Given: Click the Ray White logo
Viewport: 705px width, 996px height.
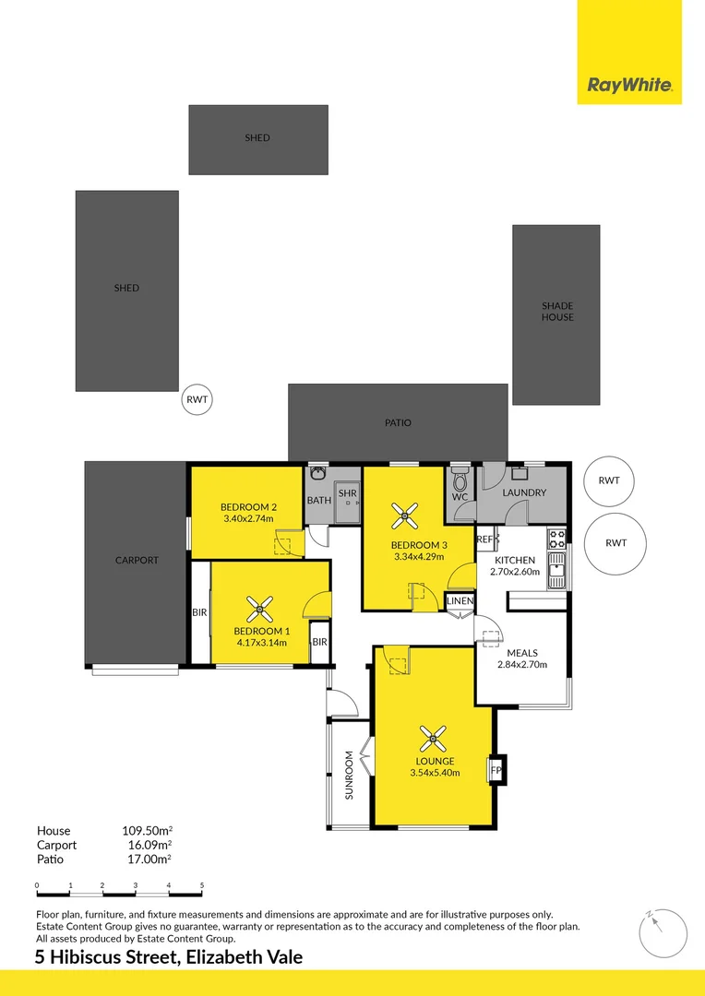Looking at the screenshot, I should [x=629, y=87].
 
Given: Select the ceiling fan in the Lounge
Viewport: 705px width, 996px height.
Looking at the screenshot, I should [x=432, y=738].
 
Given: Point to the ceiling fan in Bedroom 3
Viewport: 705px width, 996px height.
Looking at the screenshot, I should [x=405, y=515].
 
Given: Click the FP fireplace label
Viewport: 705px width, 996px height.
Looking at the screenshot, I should [x=496, y=770].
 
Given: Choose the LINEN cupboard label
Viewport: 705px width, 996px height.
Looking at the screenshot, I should [x=460, y=601].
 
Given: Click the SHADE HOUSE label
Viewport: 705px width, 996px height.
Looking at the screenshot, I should [x=556, y=312].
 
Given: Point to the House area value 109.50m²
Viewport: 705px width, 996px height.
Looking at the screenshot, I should [x=147, y=831].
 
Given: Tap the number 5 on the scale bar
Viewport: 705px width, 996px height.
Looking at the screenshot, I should [x=202, y=885].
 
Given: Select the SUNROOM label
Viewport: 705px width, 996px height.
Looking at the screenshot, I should [x=349, y=775].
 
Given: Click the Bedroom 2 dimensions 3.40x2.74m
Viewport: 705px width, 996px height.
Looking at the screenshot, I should [x=248, y=519].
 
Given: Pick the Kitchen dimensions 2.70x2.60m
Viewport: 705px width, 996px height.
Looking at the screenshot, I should [x=514, y=572].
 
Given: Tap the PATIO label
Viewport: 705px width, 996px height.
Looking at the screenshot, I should [x=398, y=423].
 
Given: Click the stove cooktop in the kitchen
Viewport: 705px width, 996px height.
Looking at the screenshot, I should [x=556, y=536].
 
